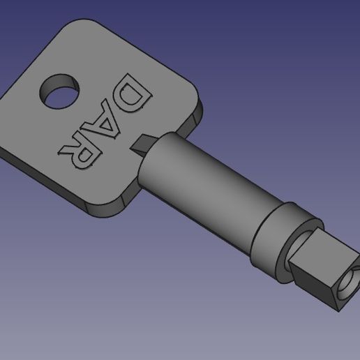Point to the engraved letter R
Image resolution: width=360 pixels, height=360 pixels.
coord(78,148)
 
